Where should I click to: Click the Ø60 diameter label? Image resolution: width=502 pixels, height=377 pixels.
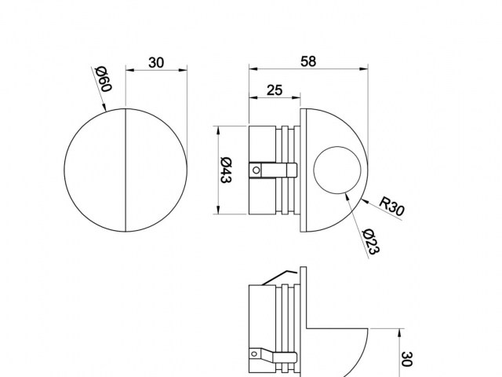click(x=104, y=79)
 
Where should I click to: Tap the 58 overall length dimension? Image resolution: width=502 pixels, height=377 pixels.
click(x=307, y=61)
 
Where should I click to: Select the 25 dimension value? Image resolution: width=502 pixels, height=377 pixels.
click(x=274, y=90)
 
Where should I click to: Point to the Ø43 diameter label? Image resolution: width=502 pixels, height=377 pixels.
click(x=225, y=170)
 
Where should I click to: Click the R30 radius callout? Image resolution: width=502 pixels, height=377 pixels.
click(x=391, y=206)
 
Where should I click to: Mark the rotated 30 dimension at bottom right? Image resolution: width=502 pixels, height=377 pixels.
click(x=406, y=360)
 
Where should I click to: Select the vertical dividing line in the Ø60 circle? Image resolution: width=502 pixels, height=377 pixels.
click(x=126, y=170)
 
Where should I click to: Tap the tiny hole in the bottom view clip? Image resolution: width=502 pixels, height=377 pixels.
click(x=254, y=354)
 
